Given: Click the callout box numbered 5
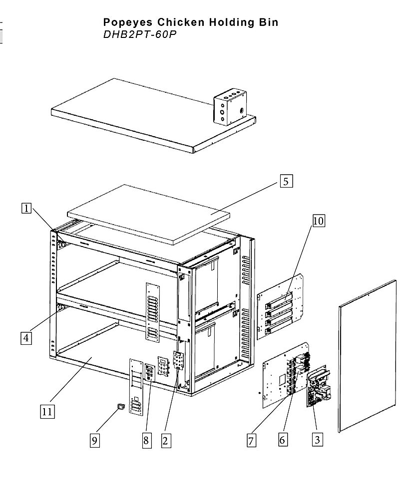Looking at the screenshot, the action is [x=286, y=181].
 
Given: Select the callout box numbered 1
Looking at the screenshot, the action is [x=26, y=209].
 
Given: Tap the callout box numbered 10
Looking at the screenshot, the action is [x=318, y=221].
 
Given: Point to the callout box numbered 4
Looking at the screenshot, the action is [x=26, y=338].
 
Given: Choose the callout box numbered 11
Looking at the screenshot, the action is [x=47, y=412].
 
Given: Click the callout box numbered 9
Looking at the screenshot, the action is [x=94, y=441].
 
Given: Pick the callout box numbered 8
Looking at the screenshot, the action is [x=146, y=441].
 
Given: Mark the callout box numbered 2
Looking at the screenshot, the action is [x=166, y=441].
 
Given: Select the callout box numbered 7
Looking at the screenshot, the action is [x=251, y=441].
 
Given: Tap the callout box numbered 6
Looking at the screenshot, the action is [x=283, y=440].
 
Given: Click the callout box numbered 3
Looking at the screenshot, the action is [x=317, y=440].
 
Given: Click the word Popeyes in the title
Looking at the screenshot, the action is [x=128, y=22].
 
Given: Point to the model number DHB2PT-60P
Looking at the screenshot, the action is [x=140, y=34].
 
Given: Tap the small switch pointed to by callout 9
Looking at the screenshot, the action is [x=121, y=406].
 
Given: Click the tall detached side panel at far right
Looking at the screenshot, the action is [x=368, y=356].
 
